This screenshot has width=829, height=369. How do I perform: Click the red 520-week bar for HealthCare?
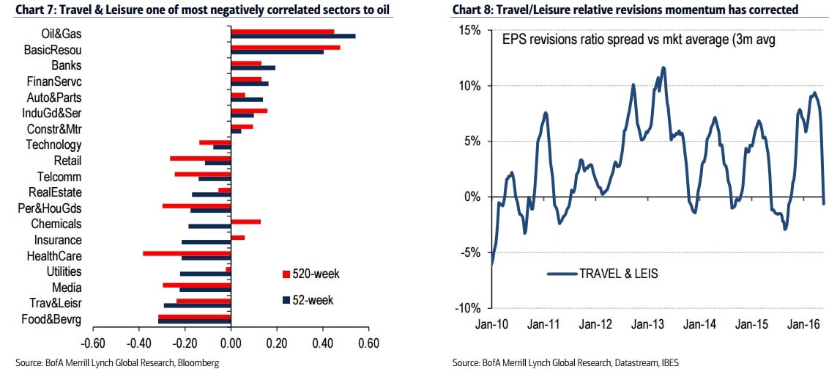coord(187,253)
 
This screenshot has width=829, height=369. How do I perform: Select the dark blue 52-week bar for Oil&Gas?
coord(293,36)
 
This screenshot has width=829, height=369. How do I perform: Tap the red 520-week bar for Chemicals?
coord(245,221)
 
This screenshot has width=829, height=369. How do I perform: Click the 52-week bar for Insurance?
coord(206,242)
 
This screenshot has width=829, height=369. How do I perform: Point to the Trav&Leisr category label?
coord(56,303)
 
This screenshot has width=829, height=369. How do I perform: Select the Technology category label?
coord(53,145)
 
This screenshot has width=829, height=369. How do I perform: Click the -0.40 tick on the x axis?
coord(138,343)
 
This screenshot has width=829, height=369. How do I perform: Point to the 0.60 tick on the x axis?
coord(370,343)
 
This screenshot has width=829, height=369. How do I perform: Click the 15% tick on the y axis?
coord(470,31)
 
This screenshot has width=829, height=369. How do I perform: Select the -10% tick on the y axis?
coord(468,307)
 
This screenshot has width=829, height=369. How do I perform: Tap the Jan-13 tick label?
coord(647,324)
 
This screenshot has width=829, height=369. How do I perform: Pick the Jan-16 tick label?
coord(804,324)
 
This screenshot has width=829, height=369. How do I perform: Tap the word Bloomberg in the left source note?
coord(197,362)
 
